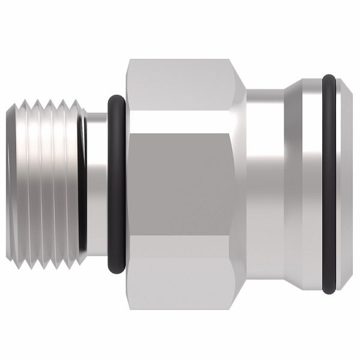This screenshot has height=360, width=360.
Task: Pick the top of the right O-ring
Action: pos(329,78)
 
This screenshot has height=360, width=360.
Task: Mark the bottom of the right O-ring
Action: pos(329,291)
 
